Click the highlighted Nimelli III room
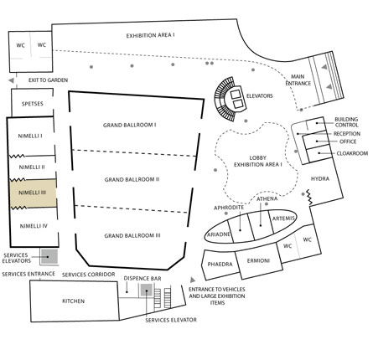[34, 193]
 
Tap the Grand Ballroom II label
[132, 179]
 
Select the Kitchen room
[74, 301]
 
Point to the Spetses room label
[33, 104]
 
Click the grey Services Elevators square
[49, 257]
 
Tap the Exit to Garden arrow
[11, 80]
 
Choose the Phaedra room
[220, 265]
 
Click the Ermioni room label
[258, 261]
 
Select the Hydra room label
[320, 178]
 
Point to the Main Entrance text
[298, 80]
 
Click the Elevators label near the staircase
[259, 96]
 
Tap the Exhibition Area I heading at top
[150, 36]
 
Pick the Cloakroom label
[352, 153]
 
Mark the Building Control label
[346, 122]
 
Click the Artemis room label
[283, 219]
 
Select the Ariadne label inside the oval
[219, 234]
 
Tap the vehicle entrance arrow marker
[193, 280]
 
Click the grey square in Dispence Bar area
[147, 291]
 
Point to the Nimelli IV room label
[34, 226]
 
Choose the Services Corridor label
[88, 275]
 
